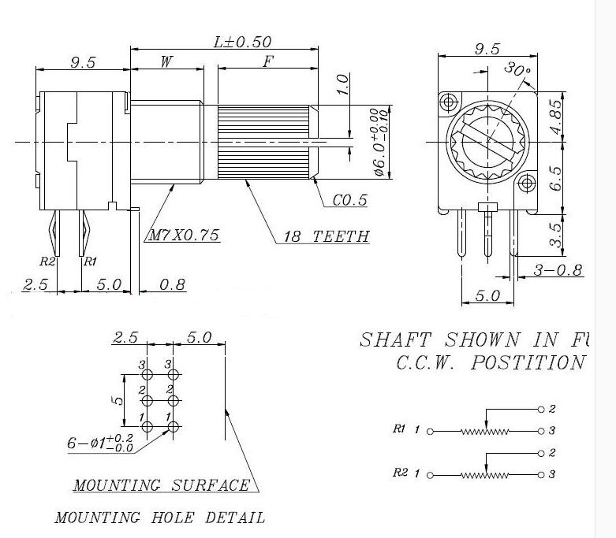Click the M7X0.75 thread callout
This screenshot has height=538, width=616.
[182, 236]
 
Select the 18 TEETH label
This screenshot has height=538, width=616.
[326, 236]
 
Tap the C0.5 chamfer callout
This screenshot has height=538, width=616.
[349, 200]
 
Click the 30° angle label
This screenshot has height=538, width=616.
[517, 70]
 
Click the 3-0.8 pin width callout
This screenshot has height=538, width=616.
[558, 270]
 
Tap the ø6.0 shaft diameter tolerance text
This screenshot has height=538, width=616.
[379, 142]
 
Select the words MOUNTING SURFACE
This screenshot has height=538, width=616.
[161, 484]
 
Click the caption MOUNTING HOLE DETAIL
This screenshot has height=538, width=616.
[159, 518]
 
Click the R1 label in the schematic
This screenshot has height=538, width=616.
[398, 430]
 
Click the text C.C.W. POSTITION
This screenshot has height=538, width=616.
[489, 363]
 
